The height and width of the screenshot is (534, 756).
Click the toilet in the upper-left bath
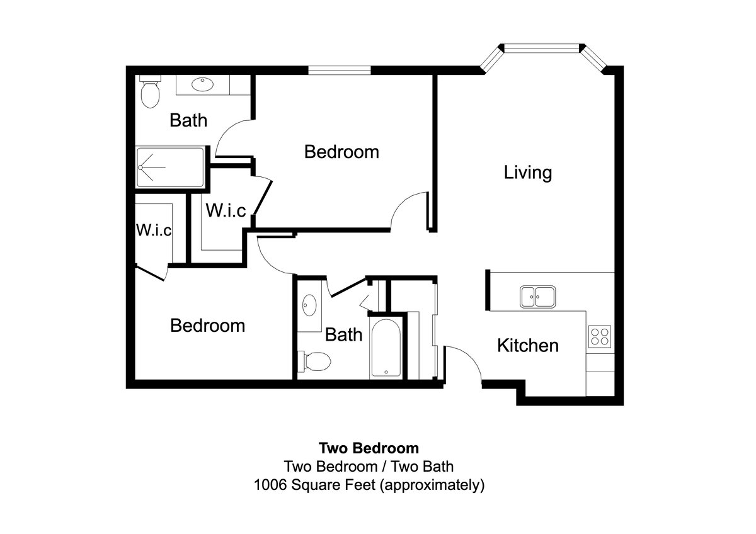click(x=150, y=91)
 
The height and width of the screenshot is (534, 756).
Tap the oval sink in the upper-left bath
click(x=202, y=84)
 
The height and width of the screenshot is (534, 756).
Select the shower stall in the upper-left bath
click(x=170, y=167)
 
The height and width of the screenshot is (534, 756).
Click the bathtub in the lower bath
click(x=386, y=348)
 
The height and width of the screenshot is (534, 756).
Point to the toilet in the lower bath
click(x=314, y=361)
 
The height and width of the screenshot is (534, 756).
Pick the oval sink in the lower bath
click(x=309, y=305)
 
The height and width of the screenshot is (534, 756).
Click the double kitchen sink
click(x=537, y=297)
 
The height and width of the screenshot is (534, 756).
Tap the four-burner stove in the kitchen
click(x=600, y=337)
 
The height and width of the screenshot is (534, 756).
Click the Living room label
click(x=528, y=173)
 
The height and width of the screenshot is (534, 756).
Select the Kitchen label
click(x=528, y=346)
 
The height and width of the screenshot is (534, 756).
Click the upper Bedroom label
click(x=341, y=152)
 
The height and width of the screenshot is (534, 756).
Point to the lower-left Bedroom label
click(x=207, y=326)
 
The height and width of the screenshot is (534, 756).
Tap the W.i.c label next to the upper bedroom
click(x=226, y=210)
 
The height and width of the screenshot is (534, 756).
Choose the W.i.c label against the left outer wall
click(x=154, y=230)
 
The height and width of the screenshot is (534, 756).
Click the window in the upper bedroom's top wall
click(x=340, y=70)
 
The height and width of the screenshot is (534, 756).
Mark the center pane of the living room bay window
click(x=542, y=48)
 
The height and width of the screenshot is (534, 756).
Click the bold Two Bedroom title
click(x=369, y=448)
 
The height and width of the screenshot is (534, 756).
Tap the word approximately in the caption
click(x=432, y=486)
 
